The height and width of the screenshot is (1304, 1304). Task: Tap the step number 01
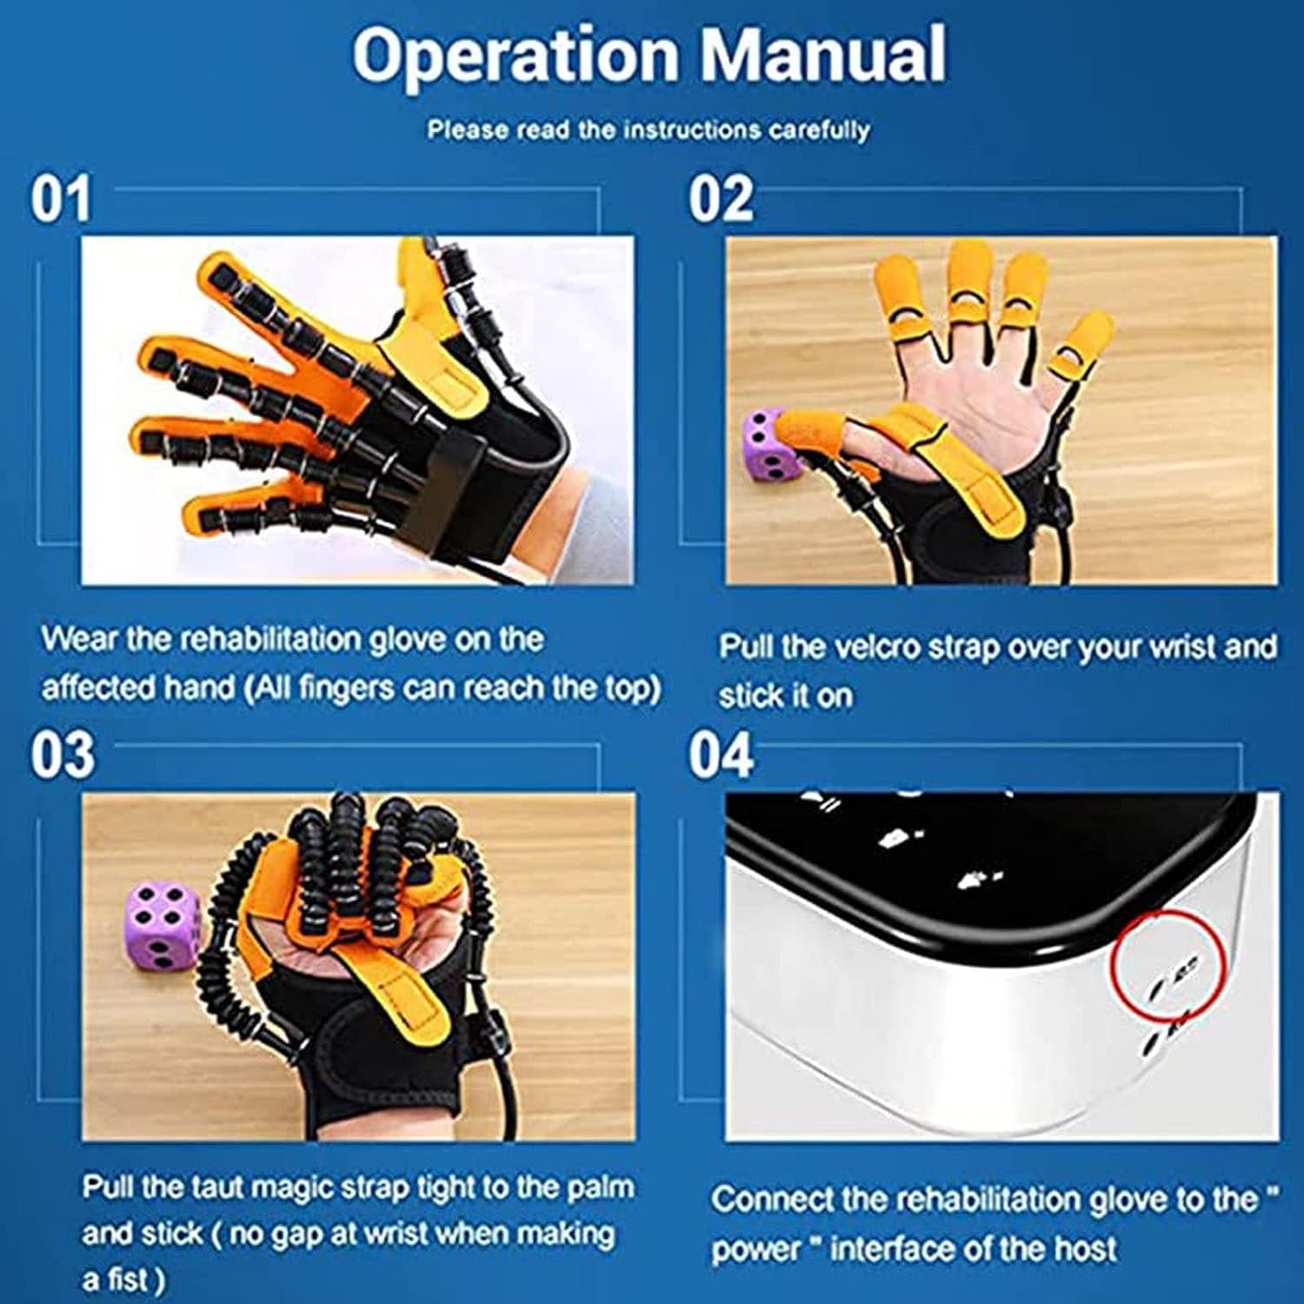[x=60, y=199]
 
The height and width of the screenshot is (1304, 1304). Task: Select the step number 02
[x=721, y=199]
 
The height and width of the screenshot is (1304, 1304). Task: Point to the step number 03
[x=62, y=755]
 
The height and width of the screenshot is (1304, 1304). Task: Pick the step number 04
[x=721, y=755]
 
